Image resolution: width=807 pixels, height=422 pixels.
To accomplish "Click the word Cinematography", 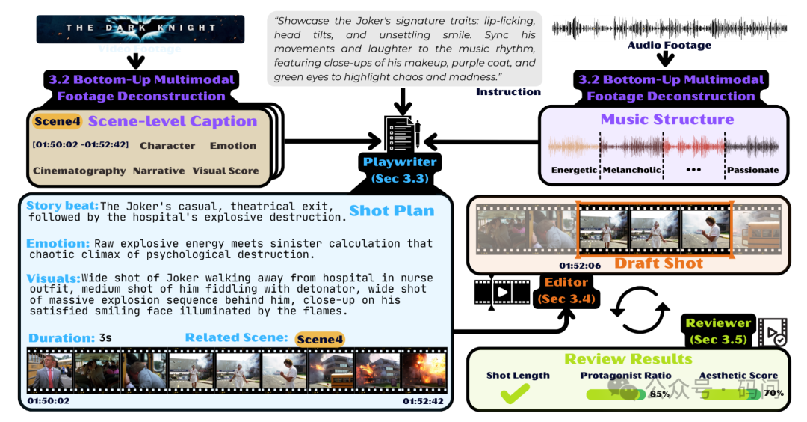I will tap(79, 171).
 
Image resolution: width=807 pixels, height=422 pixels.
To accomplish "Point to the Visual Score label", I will tap(226, 171).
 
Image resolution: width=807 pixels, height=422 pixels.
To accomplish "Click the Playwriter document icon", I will tap(402, 134).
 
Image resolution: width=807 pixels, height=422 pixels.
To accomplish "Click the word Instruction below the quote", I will tap(508, 92).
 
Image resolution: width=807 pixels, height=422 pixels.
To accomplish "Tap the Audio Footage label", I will tap(669, 46).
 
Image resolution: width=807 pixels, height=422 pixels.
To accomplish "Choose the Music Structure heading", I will tap(667, 120).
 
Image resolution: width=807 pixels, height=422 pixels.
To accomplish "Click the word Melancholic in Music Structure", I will tap(632, 170).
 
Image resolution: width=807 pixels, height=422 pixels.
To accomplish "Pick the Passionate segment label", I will tap(752, 170).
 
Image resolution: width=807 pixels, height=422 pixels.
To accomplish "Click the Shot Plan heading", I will tap(392, 211).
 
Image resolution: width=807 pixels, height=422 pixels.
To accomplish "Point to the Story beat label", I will tap(62, 206).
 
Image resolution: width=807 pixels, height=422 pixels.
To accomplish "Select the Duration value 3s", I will tap(105, 338).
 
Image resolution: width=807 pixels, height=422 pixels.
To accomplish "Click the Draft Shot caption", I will tap(658, 263).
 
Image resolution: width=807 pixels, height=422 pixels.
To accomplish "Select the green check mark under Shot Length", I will tap(518, 393).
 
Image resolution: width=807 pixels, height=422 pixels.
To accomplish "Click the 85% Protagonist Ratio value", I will tap(659, 394).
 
